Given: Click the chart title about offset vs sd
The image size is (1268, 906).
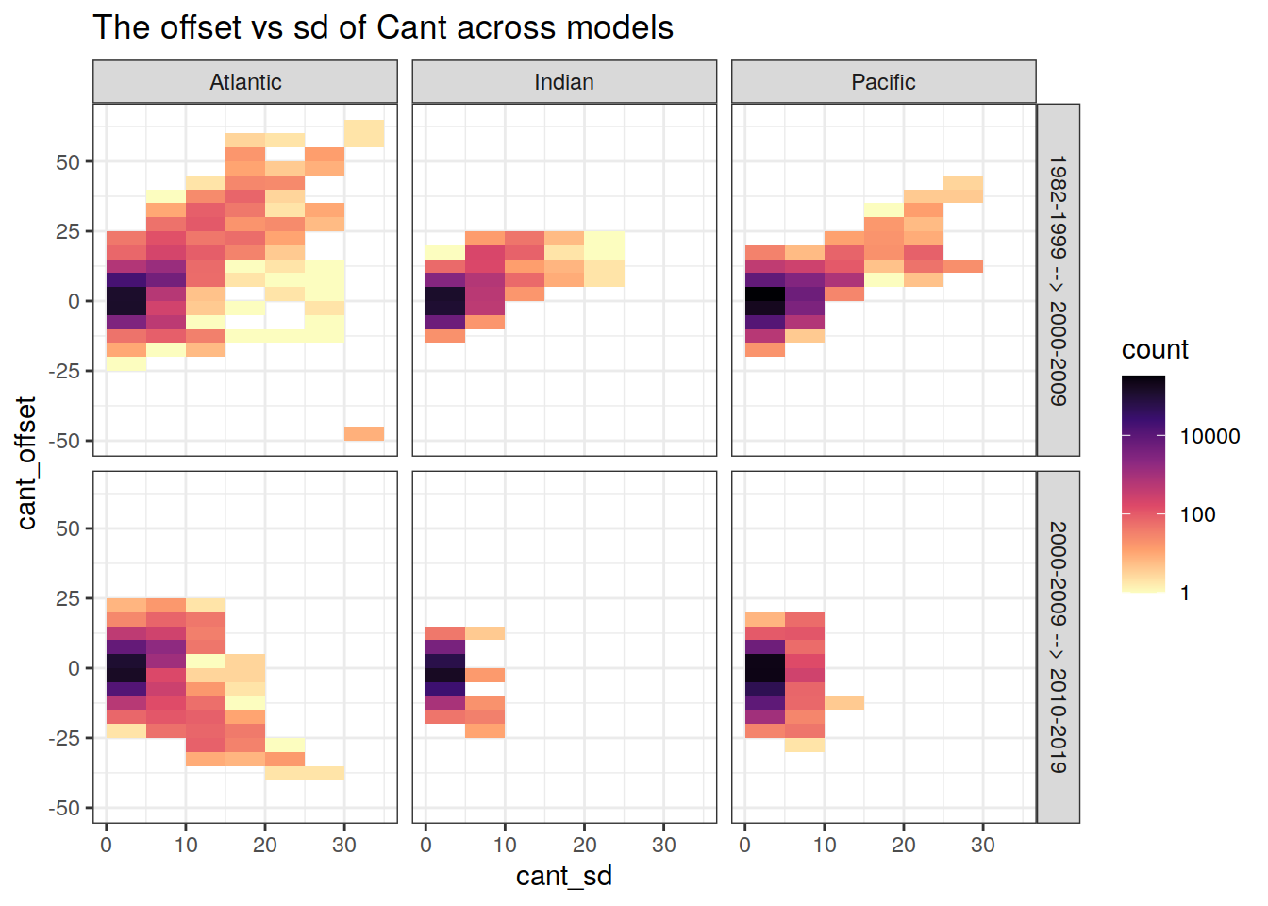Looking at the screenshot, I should tap(383, 28).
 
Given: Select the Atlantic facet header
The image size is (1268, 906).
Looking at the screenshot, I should tap(245, 82).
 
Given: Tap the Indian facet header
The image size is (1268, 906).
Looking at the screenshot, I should tap(564, 82).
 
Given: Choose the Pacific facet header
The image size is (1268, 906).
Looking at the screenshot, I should tap(883, 82).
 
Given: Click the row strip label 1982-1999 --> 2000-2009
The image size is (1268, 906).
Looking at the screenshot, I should tap(1059, 280).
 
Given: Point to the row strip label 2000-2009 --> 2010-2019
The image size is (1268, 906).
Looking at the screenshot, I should tap(1059, 647).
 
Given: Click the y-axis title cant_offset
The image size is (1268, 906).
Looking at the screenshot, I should tap(26, 462).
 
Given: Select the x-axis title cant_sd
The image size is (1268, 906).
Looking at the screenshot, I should tap(564, 877).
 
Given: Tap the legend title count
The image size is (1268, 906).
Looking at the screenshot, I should tap(1155, 350).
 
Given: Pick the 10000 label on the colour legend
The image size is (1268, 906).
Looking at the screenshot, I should tap(1210, 436).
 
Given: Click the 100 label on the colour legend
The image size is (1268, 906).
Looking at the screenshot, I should tap(1197, 514).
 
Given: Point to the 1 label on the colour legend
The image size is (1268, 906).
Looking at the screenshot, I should tap(1185, 594).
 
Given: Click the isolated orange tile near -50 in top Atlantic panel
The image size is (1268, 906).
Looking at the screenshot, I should tap(364, 434).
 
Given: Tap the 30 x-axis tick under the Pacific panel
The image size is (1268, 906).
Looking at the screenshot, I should tap(983, 846).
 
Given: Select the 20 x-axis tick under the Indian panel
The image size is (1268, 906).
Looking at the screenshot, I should tap(584, 846).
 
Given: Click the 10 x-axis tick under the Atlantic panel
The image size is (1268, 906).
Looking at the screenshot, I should tap(186, 846).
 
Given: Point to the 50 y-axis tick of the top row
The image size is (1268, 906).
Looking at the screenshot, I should tap(68, 162).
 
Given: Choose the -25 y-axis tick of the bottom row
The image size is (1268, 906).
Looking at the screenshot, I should tap(64, 738).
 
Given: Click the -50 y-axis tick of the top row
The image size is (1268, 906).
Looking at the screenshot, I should tap(64, 441).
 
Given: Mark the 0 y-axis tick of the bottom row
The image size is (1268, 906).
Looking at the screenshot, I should tap(74, 668).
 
